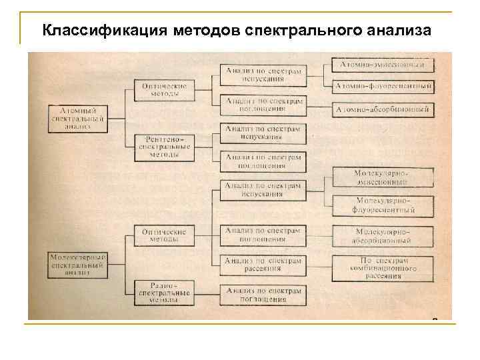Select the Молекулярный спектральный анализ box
coord(78,263)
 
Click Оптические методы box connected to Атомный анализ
coord(164,90)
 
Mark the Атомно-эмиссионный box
coord(383,65)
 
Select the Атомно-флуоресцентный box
coord(383,87)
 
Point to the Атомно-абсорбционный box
coord(383,109)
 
